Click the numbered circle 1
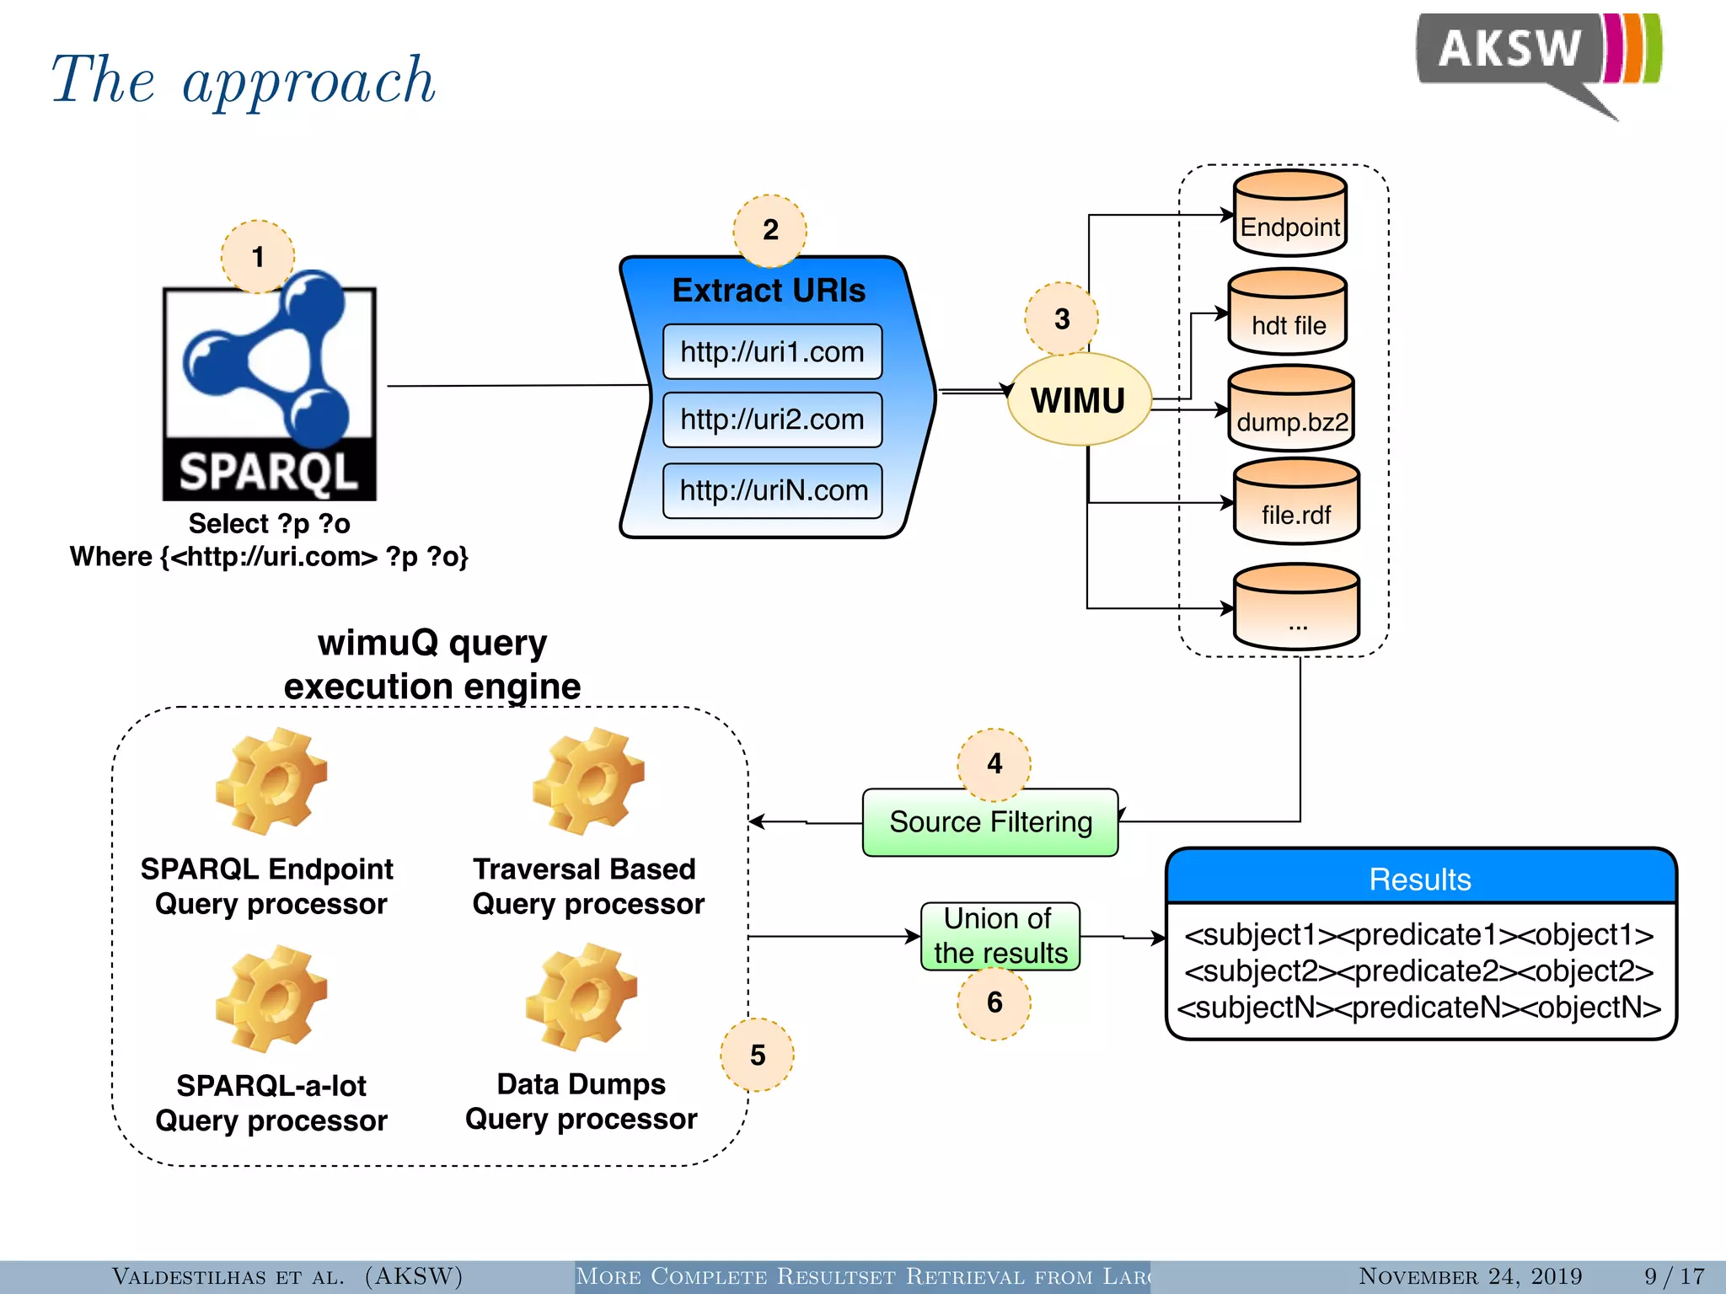[x=257, y=256]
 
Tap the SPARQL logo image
[x=269, y=393]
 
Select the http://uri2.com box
[x=772, y=420]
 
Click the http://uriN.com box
[x=772, y=490]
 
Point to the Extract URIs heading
[x=769, y=291]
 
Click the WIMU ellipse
[x=1079, y=400]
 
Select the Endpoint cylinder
[x=1289, y=214]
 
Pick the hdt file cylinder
[x=1288, y=312]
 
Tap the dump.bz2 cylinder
[x=1291, y=409]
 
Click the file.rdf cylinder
[x=1296, y=502]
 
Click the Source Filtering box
[x=990, y=822]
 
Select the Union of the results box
[x=1000, y=936]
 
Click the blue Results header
[x=1420, y=879]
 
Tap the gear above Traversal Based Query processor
[x=587, y=781]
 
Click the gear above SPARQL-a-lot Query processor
[x=271, y=998]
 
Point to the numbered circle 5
[x=757, y=1055]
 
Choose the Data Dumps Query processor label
[x=582, y=1101]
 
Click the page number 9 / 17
[x=1674, y=1275]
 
